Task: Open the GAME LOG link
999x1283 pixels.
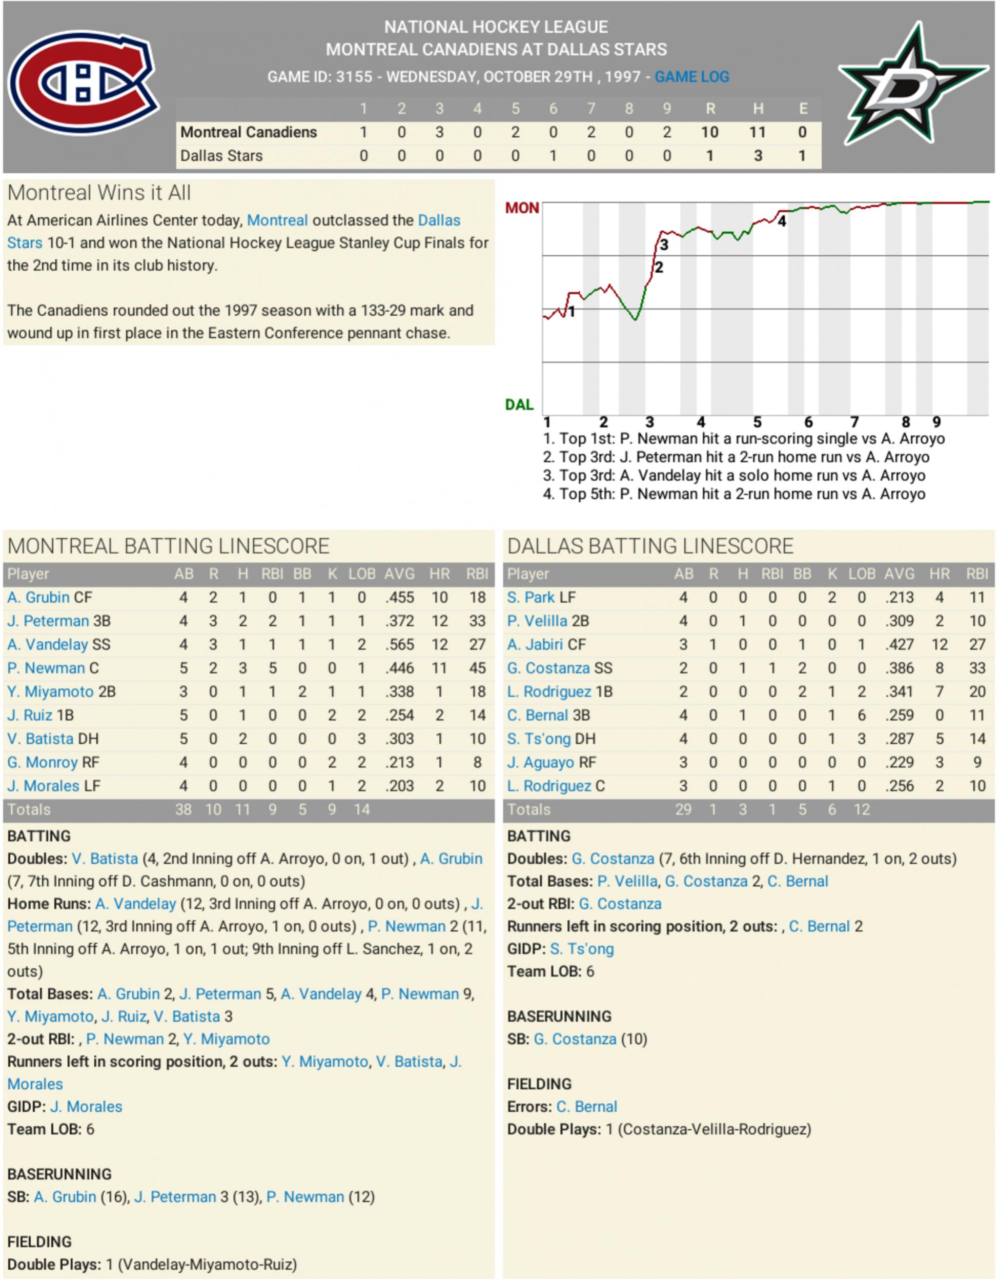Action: click(x=691, y=77)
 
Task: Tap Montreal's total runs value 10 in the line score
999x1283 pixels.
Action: click(x=709, y=132)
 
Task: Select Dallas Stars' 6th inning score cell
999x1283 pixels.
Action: click(x=553, y=156)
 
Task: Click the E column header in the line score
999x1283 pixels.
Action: click(x=802, y=109)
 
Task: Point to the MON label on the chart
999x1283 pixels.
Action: click(x=521, y=208)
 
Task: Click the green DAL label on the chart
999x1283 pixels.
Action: click(x=519, y=404)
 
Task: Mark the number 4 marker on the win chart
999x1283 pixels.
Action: click(x=781, y=221)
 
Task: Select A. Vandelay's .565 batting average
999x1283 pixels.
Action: click(x=399, y=644)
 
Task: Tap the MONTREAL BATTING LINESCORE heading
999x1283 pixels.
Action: click(x=168, y=546)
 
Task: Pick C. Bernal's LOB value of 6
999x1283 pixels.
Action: click(x=861, y=715)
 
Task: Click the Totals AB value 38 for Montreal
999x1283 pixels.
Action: click(x=183, y=809)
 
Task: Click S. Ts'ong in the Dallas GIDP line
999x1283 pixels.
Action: click(x=581, y=949)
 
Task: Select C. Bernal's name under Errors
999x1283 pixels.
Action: click(x=586, y=1107)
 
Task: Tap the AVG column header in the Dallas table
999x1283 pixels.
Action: click(x=899, y=574)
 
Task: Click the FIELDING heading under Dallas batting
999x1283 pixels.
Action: click(x=539, y=1084)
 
